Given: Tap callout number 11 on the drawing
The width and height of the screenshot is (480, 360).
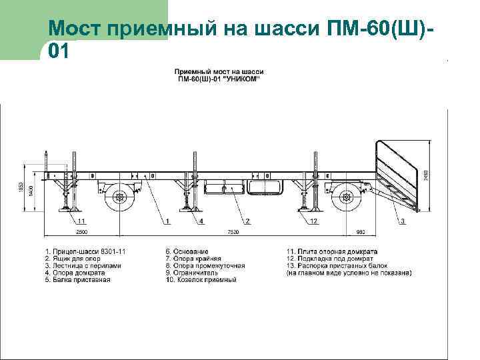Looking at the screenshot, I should (x=81, y=221).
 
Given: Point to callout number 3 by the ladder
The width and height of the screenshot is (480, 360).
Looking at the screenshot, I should (x=402, y=221).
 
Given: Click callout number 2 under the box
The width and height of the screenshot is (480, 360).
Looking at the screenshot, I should (x=247, y=221).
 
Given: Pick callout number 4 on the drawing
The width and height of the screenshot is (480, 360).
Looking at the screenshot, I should (x=201, y=221).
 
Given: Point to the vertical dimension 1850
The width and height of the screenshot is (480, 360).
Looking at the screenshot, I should (x=21, y=189).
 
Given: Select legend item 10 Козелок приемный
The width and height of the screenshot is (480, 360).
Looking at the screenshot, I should (x=201, y=279).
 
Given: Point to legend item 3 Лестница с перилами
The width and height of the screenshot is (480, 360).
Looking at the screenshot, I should (x=84, y=265).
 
